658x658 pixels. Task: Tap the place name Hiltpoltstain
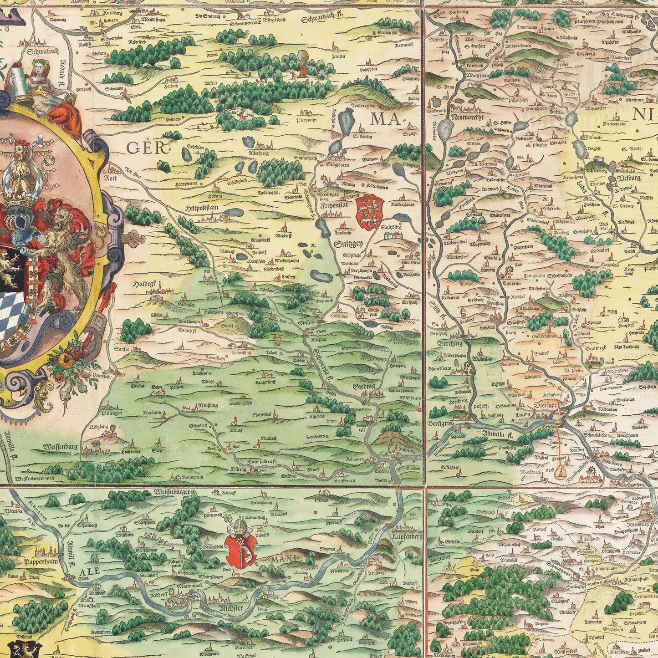(202, 207)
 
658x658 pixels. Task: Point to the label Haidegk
(144, 284)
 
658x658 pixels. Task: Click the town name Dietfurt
(546, 403)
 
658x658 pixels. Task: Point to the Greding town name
(364, 386)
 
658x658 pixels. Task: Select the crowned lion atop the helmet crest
(20, 164)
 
